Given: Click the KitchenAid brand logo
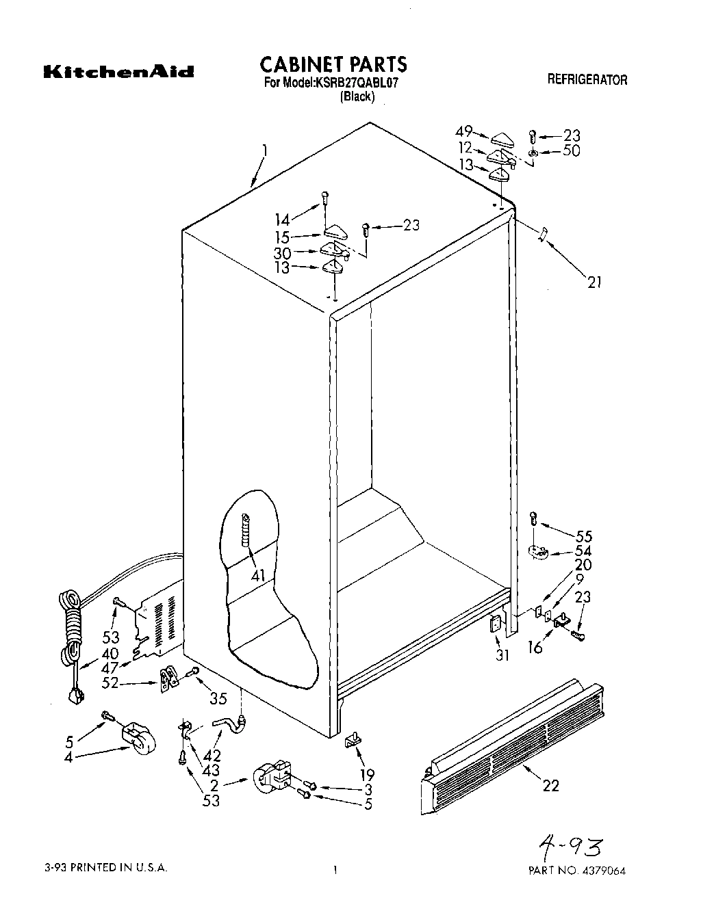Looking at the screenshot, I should click(x=118, y=72).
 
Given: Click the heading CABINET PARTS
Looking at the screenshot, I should click(x=333, y=64).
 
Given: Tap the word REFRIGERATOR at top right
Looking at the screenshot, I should click(x=587, y=80).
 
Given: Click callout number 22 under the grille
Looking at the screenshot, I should click(x=550, y=786).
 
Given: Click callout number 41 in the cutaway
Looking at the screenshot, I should click(x=257, y=576).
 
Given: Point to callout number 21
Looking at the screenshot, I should click(x=594, y=281).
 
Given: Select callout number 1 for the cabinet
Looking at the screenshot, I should click(x=264, y=150).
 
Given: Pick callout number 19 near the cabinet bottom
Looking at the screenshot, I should click(x=367, y=775).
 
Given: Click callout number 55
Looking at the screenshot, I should click(x=584, y=536).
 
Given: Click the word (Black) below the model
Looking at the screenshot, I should click(x=357, y=97).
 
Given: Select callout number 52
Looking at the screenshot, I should click(x=110, y=683).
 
